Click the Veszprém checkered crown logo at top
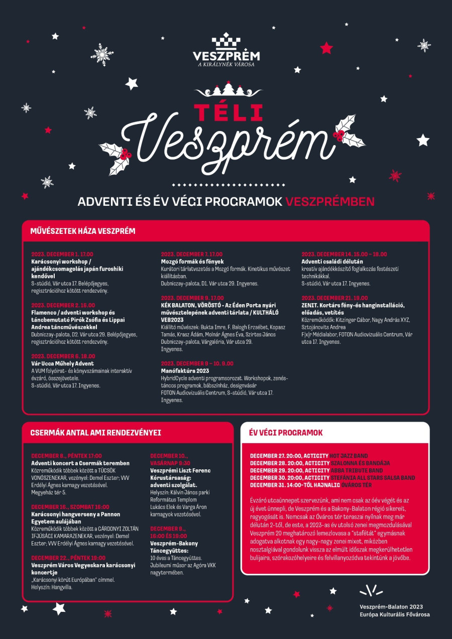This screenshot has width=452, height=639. tap(226, 41)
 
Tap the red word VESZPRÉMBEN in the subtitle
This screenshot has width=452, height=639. tap(330, 202)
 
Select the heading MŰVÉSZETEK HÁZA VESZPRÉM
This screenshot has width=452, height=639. tap(83, 231)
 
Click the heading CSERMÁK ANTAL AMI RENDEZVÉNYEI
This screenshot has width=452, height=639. tap(95, 432)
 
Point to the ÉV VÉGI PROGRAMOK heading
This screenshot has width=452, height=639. tap(286, 432)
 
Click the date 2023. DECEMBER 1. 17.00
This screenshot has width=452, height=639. tap(62, 254)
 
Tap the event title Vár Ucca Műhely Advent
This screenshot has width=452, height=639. tap(62, 363)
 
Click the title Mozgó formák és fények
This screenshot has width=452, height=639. tap(192, 262)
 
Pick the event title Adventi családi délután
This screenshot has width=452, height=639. tap(332, 262)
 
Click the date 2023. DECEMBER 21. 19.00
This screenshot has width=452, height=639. tap(334, 298)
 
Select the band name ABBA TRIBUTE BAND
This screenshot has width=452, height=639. tap(356, 470)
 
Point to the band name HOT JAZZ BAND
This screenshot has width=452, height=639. tap(349, 456)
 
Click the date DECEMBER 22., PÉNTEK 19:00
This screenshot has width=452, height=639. tap(68, 558)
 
